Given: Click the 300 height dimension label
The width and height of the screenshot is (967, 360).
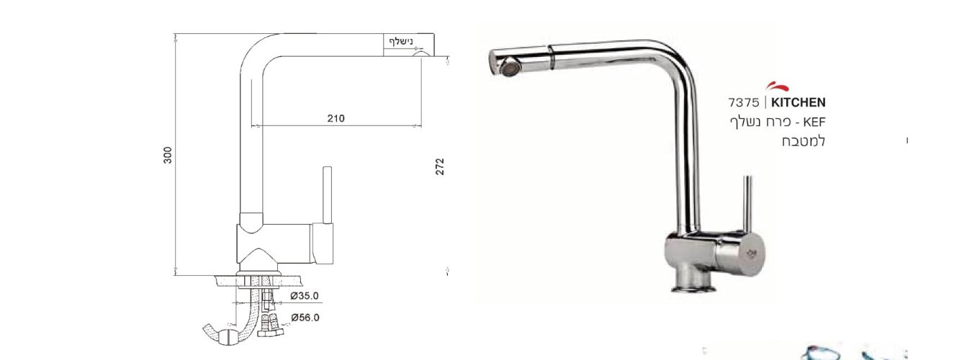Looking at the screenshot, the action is pyautogui.click(x=168, y=155).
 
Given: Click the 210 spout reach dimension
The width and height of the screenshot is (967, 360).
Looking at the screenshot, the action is pyautogui.click(x=336, y=118).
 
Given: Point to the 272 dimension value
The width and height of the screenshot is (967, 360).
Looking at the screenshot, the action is pyautogui.click(x=439, y=166).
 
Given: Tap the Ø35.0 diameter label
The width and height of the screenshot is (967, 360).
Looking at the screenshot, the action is pyautogui.click(x=305, y=296).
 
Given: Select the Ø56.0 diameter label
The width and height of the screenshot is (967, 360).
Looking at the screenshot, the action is pyautogui.click(x=305, y=318).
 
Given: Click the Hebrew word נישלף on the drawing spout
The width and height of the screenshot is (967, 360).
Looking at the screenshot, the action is pyautogui.click(x=402, y=42).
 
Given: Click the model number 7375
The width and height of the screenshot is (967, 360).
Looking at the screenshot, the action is pyautogui.click(x=743, y=103).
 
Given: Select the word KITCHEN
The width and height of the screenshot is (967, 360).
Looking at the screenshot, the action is pyautogui.click(x=799, y=103).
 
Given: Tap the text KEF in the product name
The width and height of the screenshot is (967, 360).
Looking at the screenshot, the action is pyautogui.click(x=814, y=122).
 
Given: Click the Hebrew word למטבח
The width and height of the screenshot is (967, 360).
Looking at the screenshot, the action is pyautogui.click(x=804, y=141).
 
